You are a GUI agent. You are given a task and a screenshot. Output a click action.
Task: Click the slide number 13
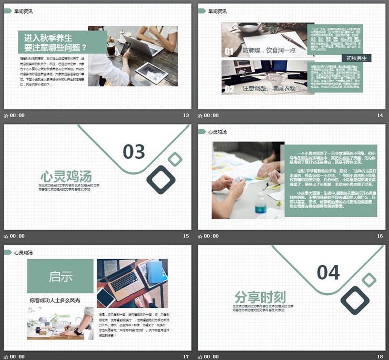(x=186, y=116)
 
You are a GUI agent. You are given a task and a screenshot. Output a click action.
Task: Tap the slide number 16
(x=380, y=236)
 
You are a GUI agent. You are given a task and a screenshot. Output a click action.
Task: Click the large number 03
(x=134, y=152)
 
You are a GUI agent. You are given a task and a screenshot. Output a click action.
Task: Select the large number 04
(x=329, y=272)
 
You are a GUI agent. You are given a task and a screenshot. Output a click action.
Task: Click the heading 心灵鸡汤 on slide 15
(x=66, y=175)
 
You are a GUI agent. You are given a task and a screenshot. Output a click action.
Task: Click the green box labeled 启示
(x=60, y=276)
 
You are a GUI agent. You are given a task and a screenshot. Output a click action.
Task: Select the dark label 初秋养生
(x=357, y=58)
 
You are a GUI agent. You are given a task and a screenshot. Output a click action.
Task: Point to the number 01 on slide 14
(x=229, y=52)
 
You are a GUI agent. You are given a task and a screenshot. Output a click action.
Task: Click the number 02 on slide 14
(x=229, y=89)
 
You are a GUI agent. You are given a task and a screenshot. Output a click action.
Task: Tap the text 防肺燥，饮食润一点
(x=269, y=51)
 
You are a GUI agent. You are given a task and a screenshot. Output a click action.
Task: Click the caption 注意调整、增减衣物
(x=269, y=89)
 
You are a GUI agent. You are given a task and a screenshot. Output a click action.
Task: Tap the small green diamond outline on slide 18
(x=370, y=280)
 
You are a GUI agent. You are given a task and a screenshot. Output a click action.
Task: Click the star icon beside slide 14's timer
(x=200, y=116)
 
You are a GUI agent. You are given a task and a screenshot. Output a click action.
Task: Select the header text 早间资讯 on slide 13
(x=24, y=11)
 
